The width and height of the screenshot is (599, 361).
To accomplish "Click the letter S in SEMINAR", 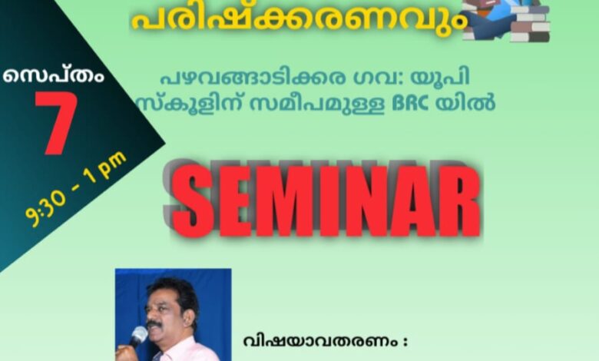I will click(191, 201).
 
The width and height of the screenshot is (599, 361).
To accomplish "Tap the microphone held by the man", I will click(137, 337).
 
